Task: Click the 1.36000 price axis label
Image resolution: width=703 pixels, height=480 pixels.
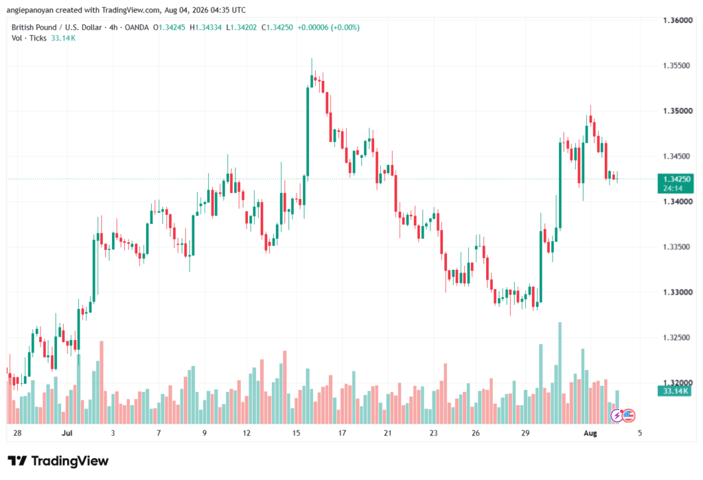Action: [678, 20]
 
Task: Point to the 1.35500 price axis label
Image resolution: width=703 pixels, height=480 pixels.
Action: [676, 65]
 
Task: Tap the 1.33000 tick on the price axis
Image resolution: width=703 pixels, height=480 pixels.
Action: [678, 292]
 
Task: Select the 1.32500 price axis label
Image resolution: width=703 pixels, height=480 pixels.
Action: [676, 337]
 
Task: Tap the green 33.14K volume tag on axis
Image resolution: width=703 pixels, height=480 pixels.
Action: [676, 391]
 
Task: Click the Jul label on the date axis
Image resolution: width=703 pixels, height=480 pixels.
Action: [67, 433]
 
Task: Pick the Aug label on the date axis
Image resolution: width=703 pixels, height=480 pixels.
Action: [590, 433]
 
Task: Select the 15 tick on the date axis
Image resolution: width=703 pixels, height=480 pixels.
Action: [296, 433]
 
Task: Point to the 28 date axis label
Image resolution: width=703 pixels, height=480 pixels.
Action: [17, 433]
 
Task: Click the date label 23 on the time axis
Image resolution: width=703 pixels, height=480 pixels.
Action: [433, 433]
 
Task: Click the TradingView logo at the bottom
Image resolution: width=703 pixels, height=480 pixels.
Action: [58, 461]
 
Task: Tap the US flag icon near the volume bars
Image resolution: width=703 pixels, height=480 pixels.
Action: [629, 415]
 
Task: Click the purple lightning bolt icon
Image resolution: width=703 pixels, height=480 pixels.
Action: [617, 416]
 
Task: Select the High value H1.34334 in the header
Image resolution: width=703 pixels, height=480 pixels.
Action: [205, 27]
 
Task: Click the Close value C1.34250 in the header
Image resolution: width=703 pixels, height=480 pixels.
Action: [277, 27]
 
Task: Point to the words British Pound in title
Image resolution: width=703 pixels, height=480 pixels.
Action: [34, 27]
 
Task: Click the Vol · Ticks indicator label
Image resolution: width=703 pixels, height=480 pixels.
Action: [29, 38]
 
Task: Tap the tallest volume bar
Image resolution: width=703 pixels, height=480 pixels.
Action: [560, 373]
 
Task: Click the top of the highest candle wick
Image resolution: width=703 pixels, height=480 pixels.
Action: [312, 58]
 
